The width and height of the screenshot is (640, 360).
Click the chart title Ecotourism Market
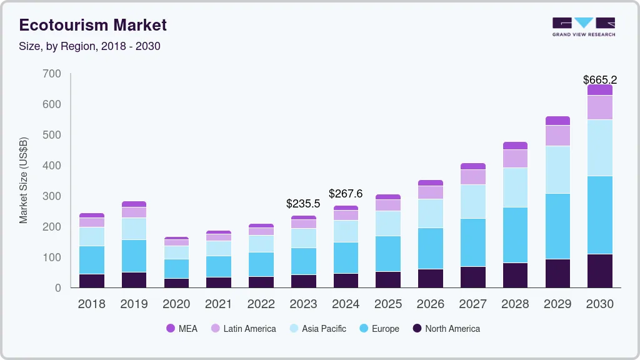93,26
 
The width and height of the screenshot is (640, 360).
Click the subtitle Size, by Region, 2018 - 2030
90,47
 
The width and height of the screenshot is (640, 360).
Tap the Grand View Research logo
583,27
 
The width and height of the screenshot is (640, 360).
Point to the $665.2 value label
599,80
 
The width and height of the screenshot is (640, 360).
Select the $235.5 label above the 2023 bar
303,204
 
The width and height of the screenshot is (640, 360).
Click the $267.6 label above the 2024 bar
346,193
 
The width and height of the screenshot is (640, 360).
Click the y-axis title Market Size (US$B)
24,180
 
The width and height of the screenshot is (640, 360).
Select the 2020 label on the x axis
176,304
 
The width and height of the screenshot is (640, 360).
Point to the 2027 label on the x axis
473,304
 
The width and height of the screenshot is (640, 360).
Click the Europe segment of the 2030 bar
599,215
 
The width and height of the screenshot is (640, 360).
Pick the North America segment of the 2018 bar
92,281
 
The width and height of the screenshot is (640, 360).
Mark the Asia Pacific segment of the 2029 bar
557,169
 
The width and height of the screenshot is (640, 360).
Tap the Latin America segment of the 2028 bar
515,159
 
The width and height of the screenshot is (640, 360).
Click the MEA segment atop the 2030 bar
599,90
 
